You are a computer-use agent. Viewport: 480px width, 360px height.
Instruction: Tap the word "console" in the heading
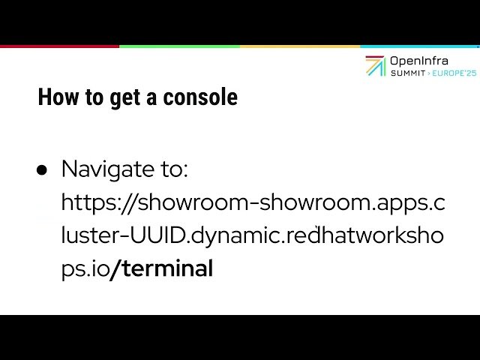(x=200, y=97)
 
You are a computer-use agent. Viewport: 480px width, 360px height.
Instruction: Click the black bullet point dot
(x=43, y=170)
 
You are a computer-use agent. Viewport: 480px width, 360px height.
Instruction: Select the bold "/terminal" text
(x=162, y=268)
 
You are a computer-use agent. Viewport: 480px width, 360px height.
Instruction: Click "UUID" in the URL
(x=160, y=235)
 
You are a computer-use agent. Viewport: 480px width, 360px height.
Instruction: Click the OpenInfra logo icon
(x=375, y=66)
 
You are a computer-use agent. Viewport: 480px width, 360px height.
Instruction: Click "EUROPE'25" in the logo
(x=454, y=73)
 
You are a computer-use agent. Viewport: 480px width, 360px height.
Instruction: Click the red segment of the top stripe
(x=60, y=46)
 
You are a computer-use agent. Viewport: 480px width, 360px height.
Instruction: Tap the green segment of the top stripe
(x=180, y=46)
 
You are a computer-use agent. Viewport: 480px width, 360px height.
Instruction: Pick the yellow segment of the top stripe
(x=300, y=46)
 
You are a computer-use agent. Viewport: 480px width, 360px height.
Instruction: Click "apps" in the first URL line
(x=402, y=203)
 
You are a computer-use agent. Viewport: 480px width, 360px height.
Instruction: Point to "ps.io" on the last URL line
(x=85, y=269)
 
